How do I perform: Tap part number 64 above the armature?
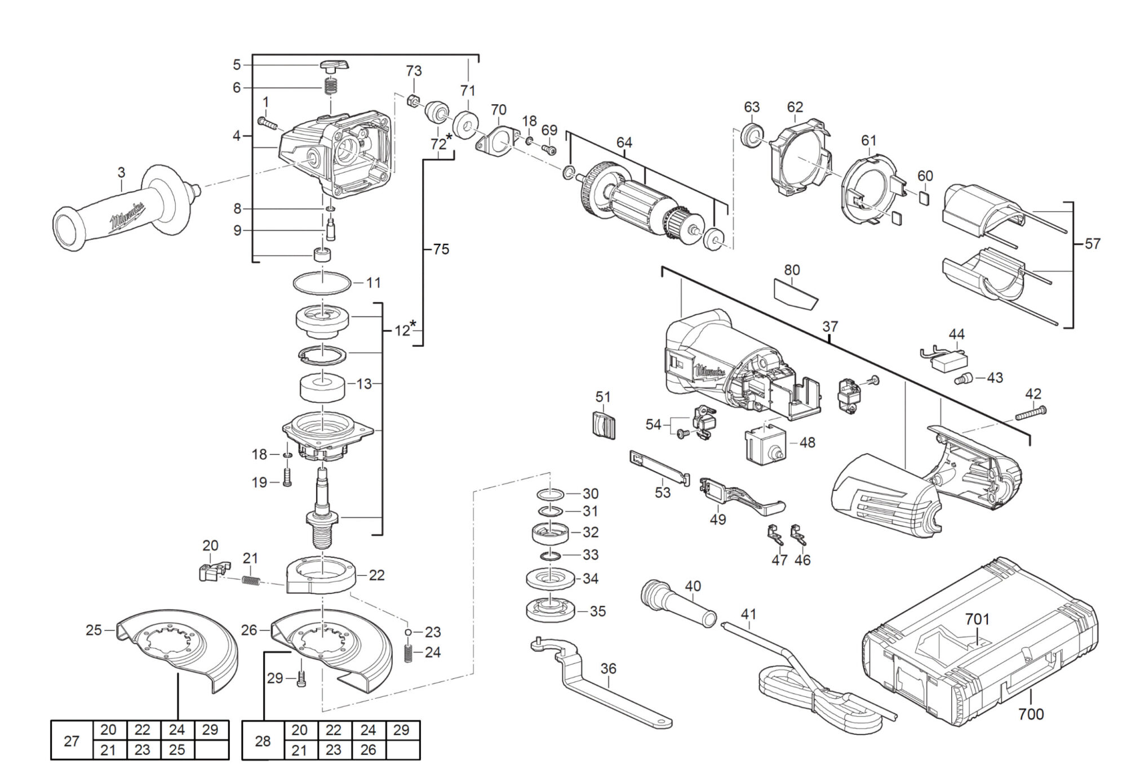pyautogui.click(x=624, y=142)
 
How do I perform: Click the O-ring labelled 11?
pyautogui.click(x=322, y=282)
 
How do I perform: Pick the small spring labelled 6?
pyautogui.click(x=331, y=87)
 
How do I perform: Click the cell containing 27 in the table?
pyautogui.click(x=72, y=740)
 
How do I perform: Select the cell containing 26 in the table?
pyautogui.click(x=368, y=750)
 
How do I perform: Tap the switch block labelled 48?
pyautogui.click(x=765, y=444)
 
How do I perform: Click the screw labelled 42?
pyautogui.click(x=1031, y=413)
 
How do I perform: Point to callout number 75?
pyautogui.click(x=441, y=249)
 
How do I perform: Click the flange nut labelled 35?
pyautogui.click(x=549, y=611)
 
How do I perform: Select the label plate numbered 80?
pyautogui.click(x=795, y=293)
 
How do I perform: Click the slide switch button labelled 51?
pyautogui.click(x=604, y=424)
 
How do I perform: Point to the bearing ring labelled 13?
pyautogui.click(x=322, y=387)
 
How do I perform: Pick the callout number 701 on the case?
pyautogui.click(x=977, y=619)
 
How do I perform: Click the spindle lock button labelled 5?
pyautogui.click(x=335, y=66)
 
